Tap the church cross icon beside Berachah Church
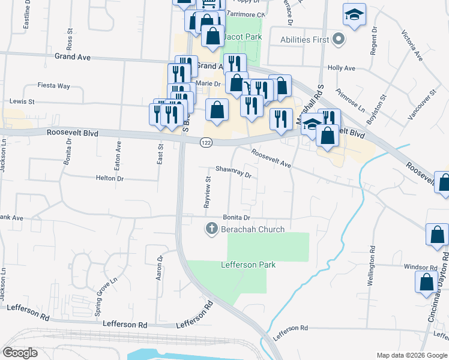[211, 229]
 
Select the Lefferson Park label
[247, 265]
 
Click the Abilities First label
[304, 40]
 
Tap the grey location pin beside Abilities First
[339, 40]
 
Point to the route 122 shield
[206, 142]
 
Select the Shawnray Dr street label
[232, 172]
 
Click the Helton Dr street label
[109, 178]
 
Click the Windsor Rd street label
[420, 267]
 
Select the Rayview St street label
[208, 191]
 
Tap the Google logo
[20, 353]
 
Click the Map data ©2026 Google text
[411, 355]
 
